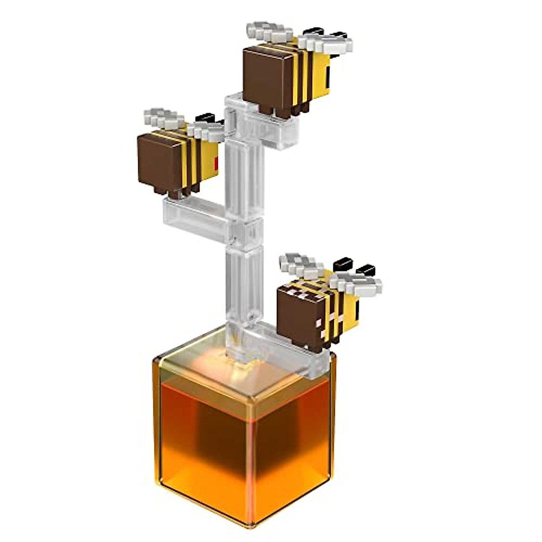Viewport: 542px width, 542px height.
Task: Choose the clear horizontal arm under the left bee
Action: (x=194, y=217)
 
